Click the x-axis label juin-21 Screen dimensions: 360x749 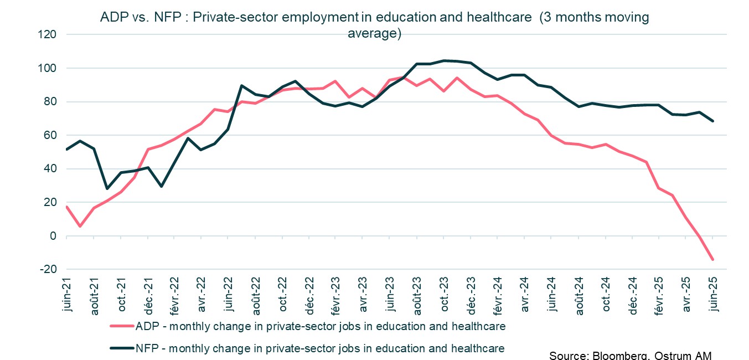[x=67, y=295]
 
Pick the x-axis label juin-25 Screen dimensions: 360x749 [x=713, y=295]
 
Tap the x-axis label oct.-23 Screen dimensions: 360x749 [x=444, y=295]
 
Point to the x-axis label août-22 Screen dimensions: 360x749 [x=255, y=295]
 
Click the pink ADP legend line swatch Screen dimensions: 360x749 [x=122, y=326]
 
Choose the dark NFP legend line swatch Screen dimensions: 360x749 [x=122, y=348]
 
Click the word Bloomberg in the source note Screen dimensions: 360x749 [x=615, y=355]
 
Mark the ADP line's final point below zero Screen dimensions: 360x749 [x=713, y=259]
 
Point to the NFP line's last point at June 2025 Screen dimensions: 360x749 [x=713, y=121]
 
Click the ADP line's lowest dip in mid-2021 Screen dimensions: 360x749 [x=80, y=226]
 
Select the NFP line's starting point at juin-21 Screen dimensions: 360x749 [x=66, y=150]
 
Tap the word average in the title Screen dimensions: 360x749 [x=374, y=33]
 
